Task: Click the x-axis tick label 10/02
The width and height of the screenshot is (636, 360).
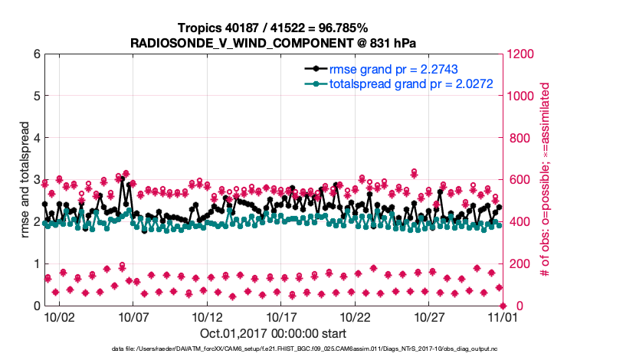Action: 59,316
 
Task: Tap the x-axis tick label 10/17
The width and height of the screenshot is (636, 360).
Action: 281,316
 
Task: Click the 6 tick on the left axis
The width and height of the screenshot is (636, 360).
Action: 35,54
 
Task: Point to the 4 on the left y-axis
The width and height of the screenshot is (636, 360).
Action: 35,138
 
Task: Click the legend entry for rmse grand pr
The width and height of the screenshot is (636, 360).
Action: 395,69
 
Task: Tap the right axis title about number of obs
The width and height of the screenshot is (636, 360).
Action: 545,180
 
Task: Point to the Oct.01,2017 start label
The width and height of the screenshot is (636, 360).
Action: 274,333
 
